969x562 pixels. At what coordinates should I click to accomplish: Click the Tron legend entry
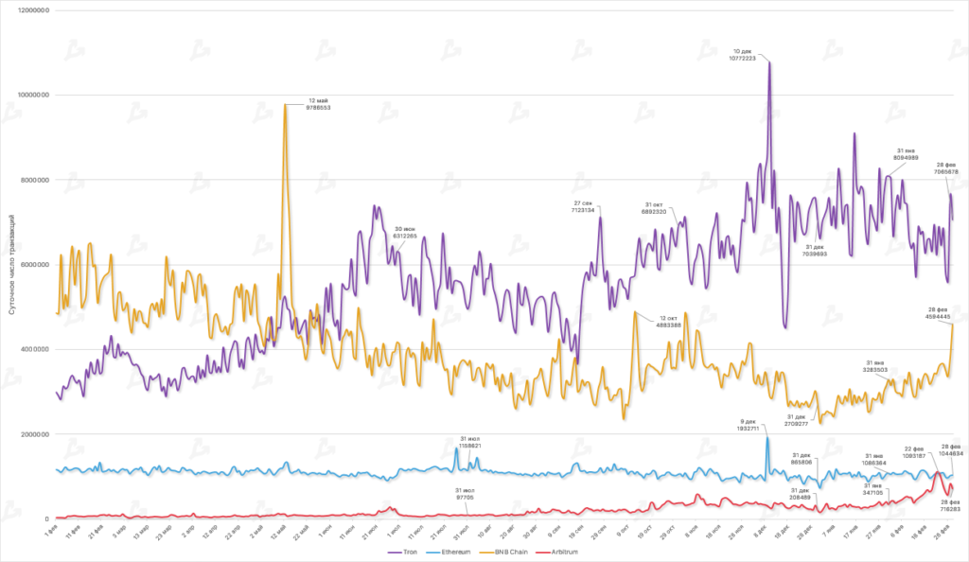click(x=408, y=551)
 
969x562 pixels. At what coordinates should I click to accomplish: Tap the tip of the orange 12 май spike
click(x=285, y=104)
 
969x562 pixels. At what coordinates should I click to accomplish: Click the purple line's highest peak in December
click(x=769, y=62)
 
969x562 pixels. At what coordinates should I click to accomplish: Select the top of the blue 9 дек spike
click(x=767, y=437)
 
